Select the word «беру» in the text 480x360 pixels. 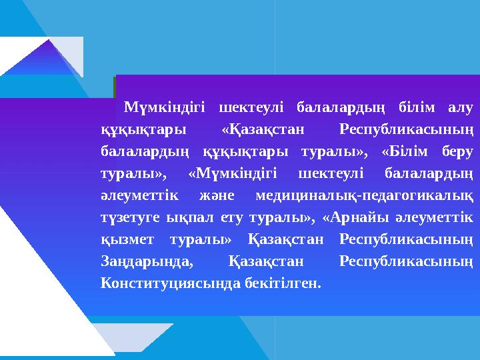[x=457, y=151]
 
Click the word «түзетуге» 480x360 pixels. [x=128, y=217]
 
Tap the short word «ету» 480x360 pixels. [x=228, y=217]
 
